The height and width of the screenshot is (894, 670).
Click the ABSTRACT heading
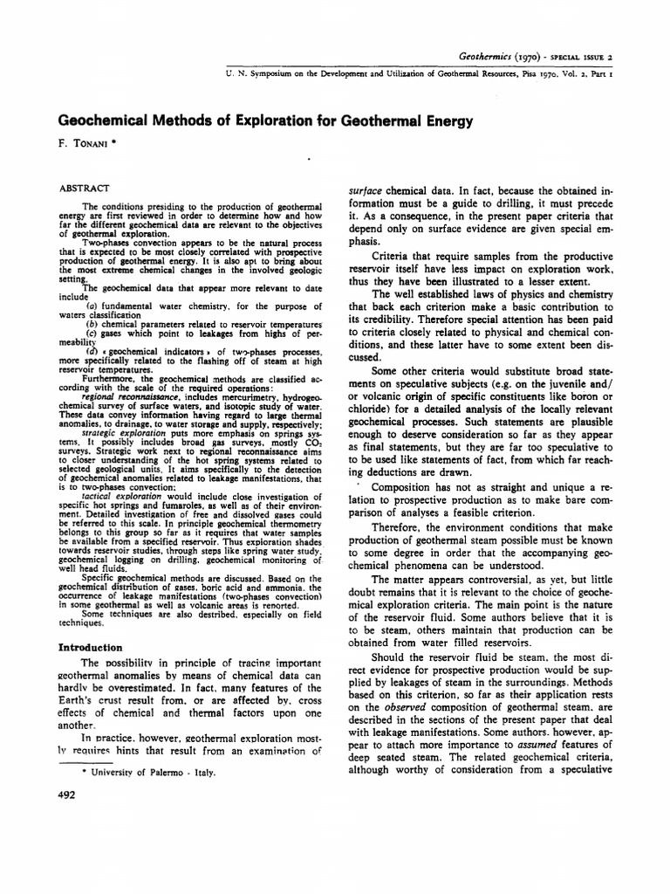click(x=84, y=188)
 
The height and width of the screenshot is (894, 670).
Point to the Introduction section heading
click(x=90, y=648)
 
